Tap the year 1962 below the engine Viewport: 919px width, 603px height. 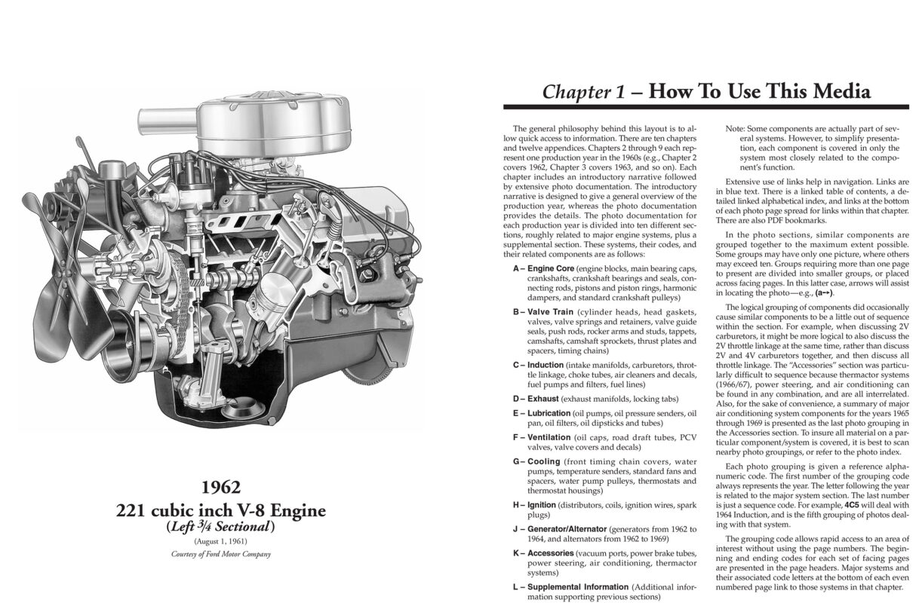point(221,488)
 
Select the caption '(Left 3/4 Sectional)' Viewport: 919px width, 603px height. point(221,527)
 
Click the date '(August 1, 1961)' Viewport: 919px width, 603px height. point(221,541)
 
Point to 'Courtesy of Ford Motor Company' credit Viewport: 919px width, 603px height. point(221,554)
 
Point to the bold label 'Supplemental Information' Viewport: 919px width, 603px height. point(577,586)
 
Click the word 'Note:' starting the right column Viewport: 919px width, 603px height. point(736,129)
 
